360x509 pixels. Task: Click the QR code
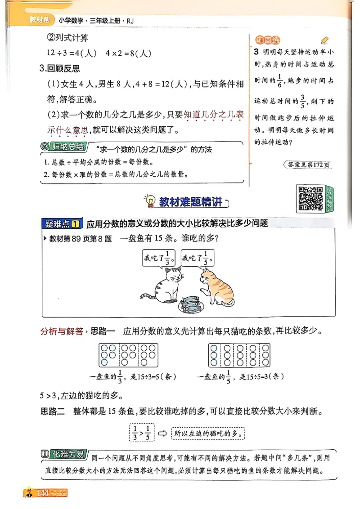(x=310, y=198)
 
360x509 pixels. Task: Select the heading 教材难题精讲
(x=191, y=202)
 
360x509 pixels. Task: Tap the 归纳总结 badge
(x=63, y=147)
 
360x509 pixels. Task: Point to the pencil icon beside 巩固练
(x=325, y=40)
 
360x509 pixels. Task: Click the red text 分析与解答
(x=62, y=332)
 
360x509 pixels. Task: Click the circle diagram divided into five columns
(x=239, y=355)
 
